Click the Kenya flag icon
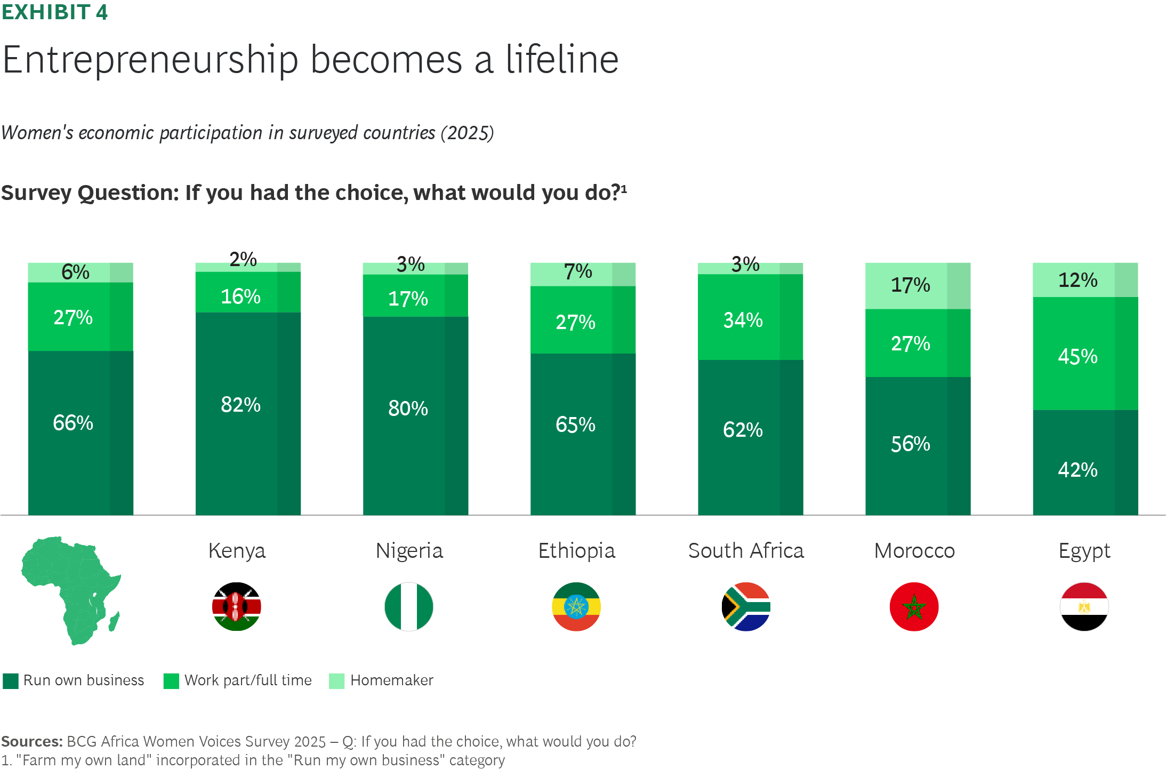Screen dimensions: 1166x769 tap(237, 606)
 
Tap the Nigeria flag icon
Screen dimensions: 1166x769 tap(409, 606)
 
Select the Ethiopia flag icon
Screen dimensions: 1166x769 tap(576, 606)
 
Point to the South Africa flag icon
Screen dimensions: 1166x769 tap(746, 606)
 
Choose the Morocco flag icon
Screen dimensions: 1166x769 tap(914, 606)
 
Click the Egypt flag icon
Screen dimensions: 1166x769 tap(1084, 606)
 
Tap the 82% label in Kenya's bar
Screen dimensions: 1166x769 tap(241, 405)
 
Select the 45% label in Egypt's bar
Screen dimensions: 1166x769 tap(1078, 356)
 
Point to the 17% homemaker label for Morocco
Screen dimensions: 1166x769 tap(911, 285)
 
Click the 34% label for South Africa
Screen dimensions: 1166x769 tap(743, 320)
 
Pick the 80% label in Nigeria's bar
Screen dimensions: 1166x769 tap(408, 408)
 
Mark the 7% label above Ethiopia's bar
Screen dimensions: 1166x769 tap(578, 271)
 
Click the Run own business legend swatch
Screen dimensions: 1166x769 tap(11, 681)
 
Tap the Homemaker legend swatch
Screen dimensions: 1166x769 tap(337, 681)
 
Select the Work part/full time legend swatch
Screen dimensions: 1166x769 tap(171, 681)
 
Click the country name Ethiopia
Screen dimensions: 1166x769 tap(577, 551)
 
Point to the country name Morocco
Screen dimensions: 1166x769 tap(915, 551)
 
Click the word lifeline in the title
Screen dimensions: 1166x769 tap(562, 59)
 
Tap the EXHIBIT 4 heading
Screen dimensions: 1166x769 tap(54, 12)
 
